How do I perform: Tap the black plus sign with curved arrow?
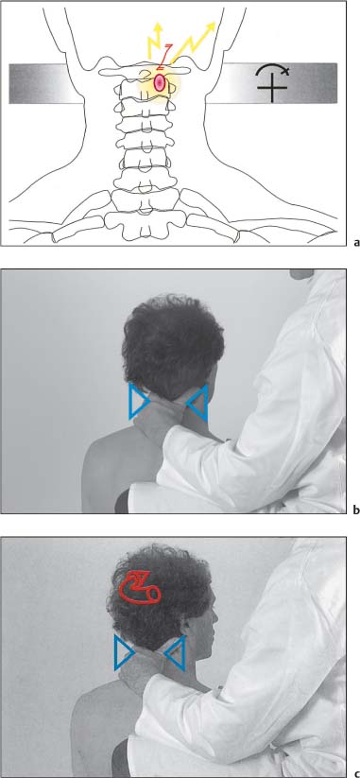click(x=272, y=85)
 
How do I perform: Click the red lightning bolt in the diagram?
click(x=165, y=57)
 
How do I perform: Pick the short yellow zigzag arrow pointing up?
click(x=156, y=43)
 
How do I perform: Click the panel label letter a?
click(x=355, y=243)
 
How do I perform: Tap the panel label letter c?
click(x=355, y=774)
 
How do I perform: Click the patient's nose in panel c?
click(x=215, y=617)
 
